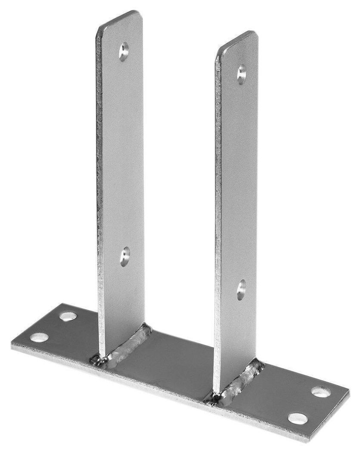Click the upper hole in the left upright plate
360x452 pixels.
tap(124, 51)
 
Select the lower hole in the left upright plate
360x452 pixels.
tap(125, 256)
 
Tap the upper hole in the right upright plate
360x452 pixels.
tap(242, 74)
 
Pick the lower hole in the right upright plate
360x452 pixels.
tap(241, 289)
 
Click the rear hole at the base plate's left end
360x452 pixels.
tap(68, 316)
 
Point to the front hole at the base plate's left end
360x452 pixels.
tap(39, 337)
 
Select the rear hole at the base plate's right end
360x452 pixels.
tap(321, 392)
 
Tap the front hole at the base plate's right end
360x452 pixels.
tap(298, 418)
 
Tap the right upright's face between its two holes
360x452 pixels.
tap(239, 181)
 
